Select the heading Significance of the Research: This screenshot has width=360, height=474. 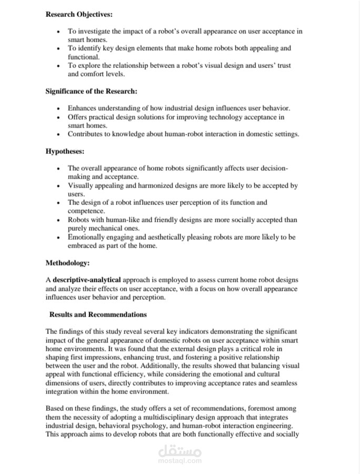tap(91, 91)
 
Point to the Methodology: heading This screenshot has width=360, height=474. tap(67, 262)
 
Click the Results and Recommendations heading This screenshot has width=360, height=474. tap(98, 314)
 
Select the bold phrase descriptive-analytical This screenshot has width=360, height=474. tap(87, 280)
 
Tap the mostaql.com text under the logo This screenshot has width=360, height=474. tap(179, 461)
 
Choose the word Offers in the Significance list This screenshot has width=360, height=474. tap(77, 117)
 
